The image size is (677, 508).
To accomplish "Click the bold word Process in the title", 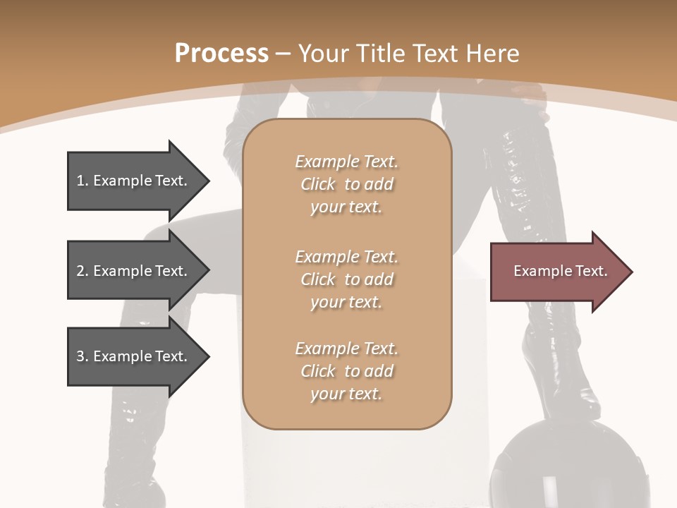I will (221, 54).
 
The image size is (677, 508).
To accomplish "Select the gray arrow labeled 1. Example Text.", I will (134, 181).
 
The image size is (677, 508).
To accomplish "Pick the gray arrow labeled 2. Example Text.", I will (134, 271).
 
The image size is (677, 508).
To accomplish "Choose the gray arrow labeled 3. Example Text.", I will (134, 356).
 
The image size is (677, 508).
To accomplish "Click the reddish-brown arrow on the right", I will (557, 272).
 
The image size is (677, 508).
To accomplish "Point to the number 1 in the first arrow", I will (80, 181).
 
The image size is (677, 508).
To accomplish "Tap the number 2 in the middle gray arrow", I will (80, 271).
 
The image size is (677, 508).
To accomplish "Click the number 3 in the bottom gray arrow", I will (80, 356).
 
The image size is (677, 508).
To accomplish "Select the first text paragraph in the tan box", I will (346, 184).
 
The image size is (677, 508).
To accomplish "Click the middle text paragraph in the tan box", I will (346, 279).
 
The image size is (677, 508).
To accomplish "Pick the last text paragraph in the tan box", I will (346, 371).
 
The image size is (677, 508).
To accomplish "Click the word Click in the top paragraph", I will (318, 184).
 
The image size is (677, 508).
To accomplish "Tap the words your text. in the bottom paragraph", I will (346, 394).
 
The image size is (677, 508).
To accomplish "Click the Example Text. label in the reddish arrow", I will (560, 271).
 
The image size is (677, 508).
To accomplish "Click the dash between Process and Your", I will (283, 54).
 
